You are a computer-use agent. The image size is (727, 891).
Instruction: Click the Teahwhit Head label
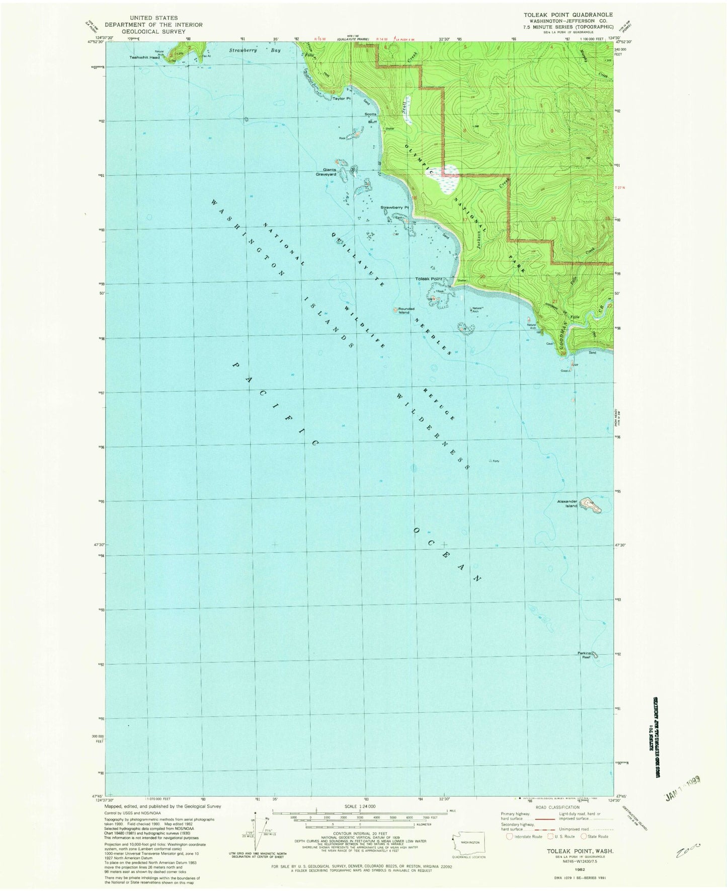145,57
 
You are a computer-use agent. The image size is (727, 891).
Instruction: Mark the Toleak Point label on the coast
428,279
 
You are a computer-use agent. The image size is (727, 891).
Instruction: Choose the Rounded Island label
405,311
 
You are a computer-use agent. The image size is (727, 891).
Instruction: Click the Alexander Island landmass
590,505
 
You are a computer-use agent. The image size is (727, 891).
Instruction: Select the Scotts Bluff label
372,117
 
